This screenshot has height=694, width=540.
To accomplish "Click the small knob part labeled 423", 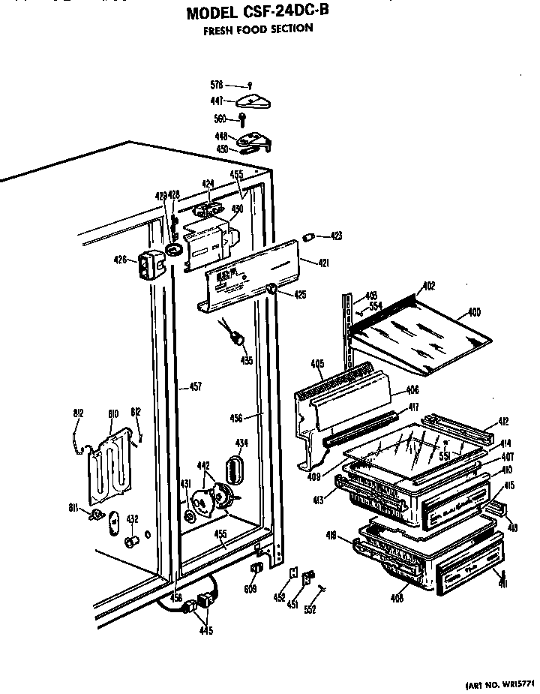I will (307, 237).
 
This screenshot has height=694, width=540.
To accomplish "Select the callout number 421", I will (323, 263).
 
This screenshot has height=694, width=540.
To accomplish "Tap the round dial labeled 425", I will (271, 290).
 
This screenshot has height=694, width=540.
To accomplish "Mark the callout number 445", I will (205, 630).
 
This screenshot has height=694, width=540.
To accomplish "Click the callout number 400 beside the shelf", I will (474, 312).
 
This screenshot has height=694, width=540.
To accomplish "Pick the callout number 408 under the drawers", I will (396, 598).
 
